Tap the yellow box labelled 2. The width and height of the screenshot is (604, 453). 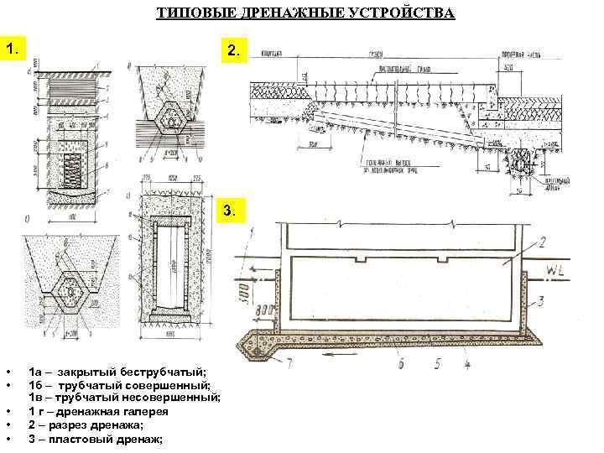pos(232,52)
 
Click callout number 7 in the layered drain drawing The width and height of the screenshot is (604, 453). pos(289,363)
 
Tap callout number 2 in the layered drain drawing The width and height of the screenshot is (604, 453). pos(543,242)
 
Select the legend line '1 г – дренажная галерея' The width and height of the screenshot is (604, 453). pos(99,411)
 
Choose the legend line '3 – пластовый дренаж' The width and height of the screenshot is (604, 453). pos(96,439)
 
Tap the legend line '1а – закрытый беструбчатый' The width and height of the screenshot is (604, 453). pos(117,370)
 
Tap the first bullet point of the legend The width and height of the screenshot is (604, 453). pos(8,371)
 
